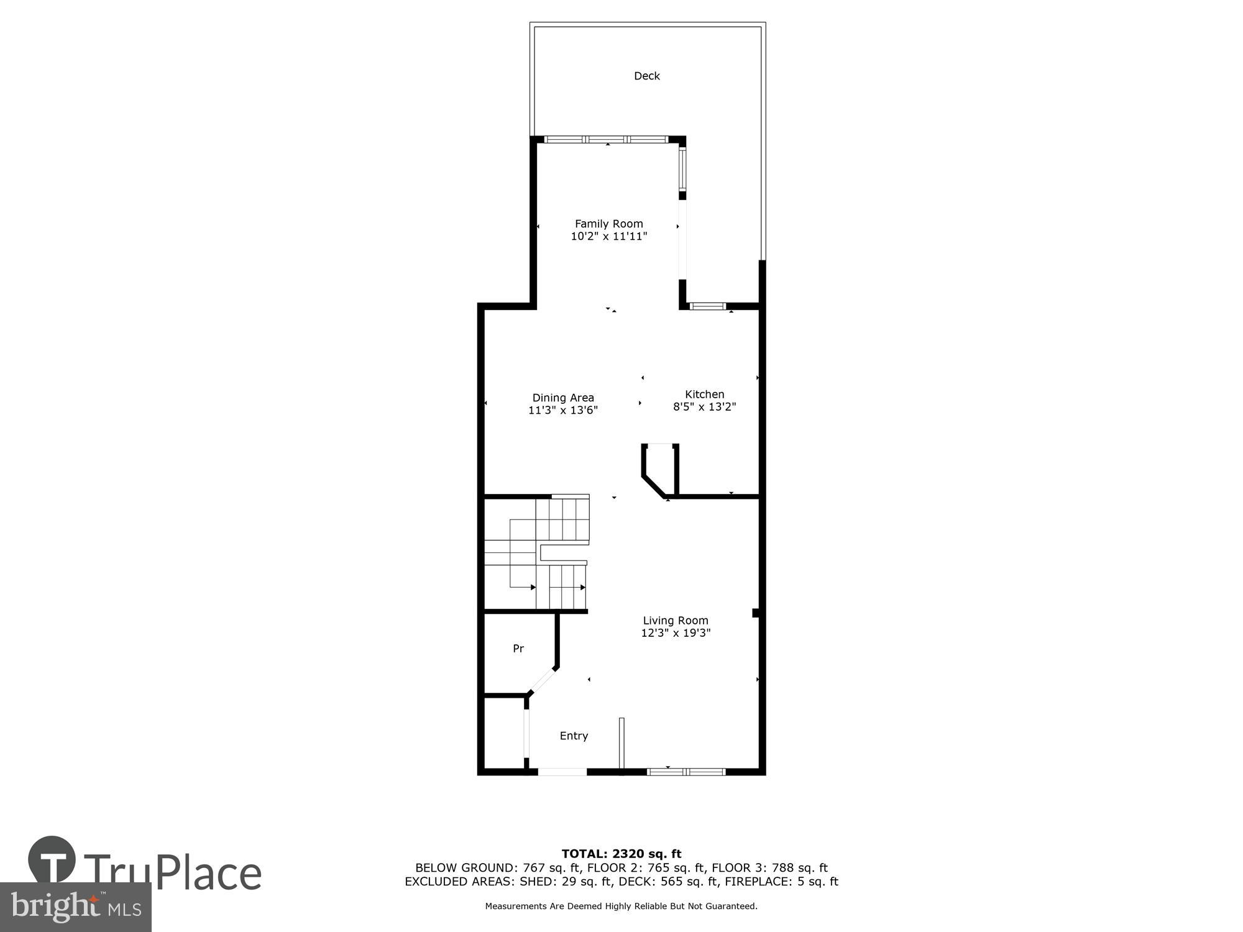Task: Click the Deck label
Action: click(646, 76)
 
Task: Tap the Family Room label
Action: click(608, 224)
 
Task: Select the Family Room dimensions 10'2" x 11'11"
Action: click(608, 236)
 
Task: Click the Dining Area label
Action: click(563, 398)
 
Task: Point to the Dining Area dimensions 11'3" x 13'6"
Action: click(563, 410)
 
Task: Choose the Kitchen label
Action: click(704, 394)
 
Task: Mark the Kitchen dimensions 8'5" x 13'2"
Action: click(704, 407)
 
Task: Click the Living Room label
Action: click(675, 620)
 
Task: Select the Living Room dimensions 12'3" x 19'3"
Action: click(675, 633)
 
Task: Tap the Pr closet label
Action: click(518, 649)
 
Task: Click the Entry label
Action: click(573, 736)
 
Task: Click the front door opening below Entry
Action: click(562, 772)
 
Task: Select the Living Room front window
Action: click(686, 772)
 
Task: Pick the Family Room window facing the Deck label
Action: click(607, 139)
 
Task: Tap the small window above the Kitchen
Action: click(708, 306)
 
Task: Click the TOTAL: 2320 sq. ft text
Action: click(621, 854)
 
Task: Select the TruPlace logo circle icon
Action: click(52, 859)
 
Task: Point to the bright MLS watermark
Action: click(75, 907)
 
